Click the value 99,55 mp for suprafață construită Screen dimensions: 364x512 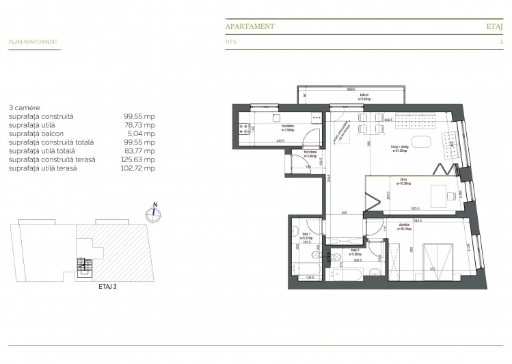[139, 116]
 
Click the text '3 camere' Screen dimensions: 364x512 [24, 108]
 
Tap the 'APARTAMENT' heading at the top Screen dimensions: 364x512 [250, 26]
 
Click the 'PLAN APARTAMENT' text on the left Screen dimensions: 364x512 [33, 42]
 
